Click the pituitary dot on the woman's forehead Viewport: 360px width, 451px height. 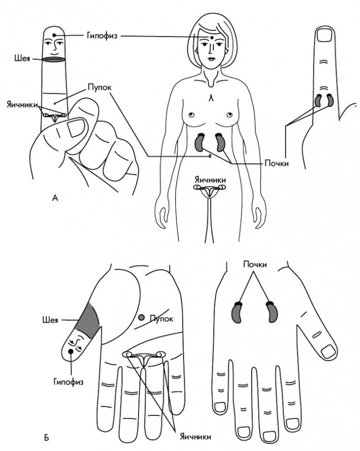(212, 37)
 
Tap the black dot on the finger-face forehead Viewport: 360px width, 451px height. (54, 35)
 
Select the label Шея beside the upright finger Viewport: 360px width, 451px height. (22, 58)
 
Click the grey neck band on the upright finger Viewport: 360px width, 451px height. (54, 59)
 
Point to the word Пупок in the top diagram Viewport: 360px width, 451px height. (99, 87)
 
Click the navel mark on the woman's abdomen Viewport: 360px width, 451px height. (210, 156)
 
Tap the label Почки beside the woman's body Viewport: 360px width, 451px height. (277, 164)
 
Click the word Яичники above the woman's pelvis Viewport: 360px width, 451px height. (210, 180)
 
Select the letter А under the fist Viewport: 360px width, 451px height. (55, 198)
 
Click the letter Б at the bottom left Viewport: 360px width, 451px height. (46, 438)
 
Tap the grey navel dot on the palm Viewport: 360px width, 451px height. (141, 318)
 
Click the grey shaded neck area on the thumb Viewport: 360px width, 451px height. (87, 320)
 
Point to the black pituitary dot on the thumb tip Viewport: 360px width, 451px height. (70, 351)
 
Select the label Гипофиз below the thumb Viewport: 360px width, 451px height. (68, 382)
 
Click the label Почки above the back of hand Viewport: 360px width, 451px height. (255, 264)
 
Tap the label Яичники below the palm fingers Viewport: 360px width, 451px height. (195, 436)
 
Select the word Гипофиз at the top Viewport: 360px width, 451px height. (102, 36)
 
